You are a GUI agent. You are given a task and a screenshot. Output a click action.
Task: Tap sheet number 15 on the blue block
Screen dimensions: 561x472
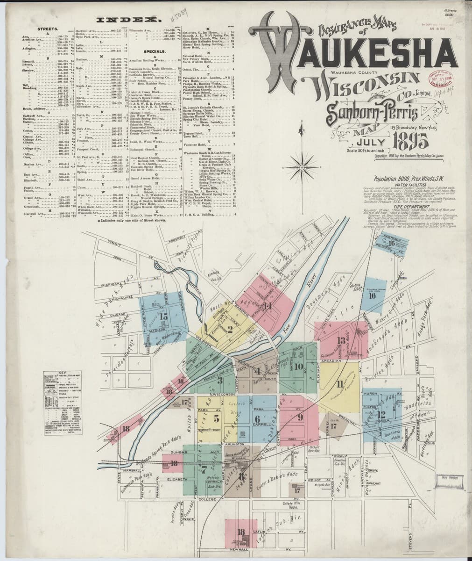click(163, 316)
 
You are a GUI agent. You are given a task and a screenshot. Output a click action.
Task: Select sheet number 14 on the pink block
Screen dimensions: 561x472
click(267, 306)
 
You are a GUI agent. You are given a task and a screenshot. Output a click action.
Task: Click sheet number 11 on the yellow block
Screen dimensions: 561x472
click(339, 384)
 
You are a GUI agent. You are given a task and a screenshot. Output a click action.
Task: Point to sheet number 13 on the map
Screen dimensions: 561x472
click(341, 340)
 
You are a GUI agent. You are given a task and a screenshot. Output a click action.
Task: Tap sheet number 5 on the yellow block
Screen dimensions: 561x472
click(216, 418)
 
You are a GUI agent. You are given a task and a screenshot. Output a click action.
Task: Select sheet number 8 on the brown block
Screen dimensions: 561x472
click(241, 477)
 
